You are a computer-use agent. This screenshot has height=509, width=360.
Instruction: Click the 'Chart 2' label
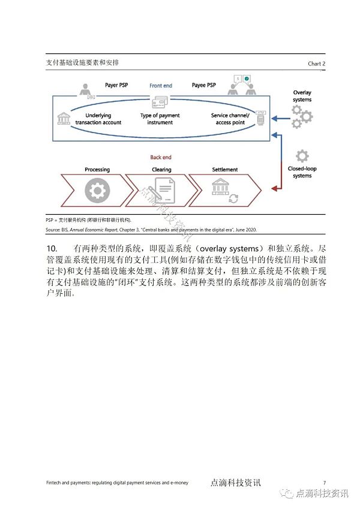pyautogui.click(x=316, y=64)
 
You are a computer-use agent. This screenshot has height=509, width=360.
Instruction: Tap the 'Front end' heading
pyautogui.click(x=161, y=86)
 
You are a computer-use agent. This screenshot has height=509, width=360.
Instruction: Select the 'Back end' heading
pyautogui.click(x=161, y=157)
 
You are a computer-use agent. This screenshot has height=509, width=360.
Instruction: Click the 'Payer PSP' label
pyautogui.click(x=117, y=86)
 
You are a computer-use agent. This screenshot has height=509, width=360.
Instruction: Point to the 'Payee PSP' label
pyautogui.click(x=204, y=86)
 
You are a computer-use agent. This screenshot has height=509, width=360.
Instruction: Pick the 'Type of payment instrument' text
pyautogui.click(x=160, y=119)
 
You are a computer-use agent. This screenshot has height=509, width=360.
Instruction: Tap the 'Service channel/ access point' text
pyautogui.click(x=230, y=119)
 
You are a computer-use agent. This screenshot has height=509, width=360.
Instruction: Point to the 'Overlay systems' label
pyautogui.click(x=302, y=96)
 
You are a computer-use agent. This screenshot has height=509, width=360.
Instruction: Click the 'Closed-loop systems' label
pyautogui.click(x=302, y=172)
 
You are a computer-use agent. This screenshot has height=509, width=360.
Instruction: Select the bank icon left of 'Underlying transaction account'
pyautogui.click(x=62, y=118)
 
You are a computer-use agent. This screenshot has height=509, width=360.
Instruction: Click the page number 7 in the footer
pyautogui.click(x=324, y=483)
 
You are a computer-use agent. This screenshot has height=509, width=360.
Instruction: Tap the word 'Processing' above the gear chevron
pyautogui.click(x=97, y=170)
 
